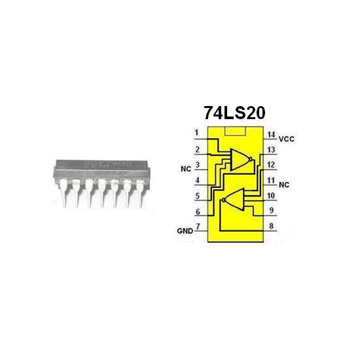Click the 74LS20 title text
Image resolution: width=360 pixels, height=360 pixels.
(234, 111)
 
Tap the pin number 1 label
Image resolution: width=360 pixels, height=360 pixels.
(196, 134)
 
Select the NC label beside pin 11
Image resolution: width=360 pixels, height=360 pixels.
(283, 185)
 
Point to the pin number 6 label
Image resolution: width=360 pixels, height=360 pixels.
(196, 211)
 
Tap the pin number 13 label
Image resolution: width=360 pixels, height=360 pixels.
(270, 150)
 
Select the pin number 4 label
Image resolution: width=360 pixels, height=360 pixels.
(196, 180)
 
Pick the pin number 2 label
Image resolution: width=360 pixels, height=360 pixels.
(196, 150)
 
